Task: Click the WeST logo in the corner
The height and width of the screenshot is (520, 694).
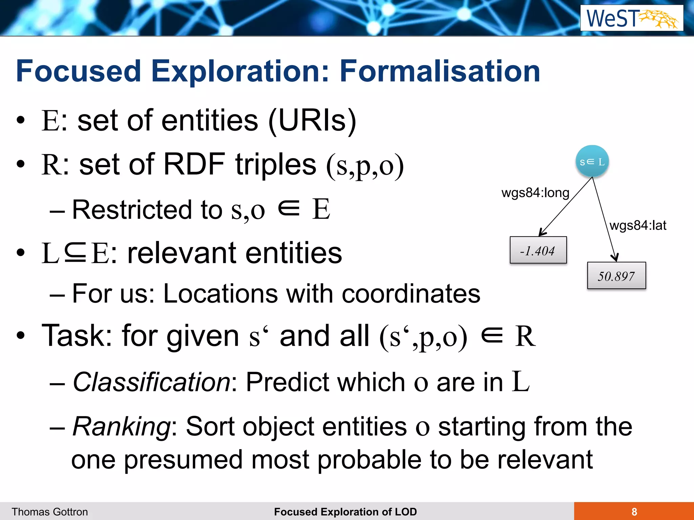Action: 632,18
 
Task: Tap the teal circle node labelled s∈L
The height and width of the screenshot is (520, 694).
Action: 592,161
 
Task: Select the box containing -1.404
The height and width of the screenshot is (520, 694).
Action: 538,250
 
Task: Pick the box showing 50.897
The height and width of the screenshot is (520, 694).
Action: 616,276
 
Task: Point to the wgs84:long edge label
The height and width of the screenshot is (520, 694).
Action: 535,193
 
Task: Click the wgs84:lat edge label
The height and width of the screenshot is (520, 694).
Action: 637,225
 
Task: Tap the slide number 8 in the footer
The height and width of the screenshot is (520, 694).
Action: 634,512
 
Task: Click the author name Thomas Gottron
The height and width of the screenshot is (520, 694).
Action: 50,512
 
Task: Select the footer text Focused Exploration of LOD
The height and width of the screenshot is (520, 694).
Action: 345,512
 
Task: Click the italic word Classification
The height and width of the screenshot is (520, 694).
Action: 151,382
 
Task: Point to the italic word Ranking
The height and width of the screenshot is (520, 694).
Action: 122,427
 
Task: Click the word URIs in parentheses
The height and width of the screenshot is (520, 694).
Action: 312,121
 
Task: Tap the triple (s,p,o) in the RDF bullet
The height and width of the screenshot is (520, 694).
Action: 365,166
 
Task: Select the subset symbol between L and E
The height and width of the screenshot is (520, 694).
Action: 75,253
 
